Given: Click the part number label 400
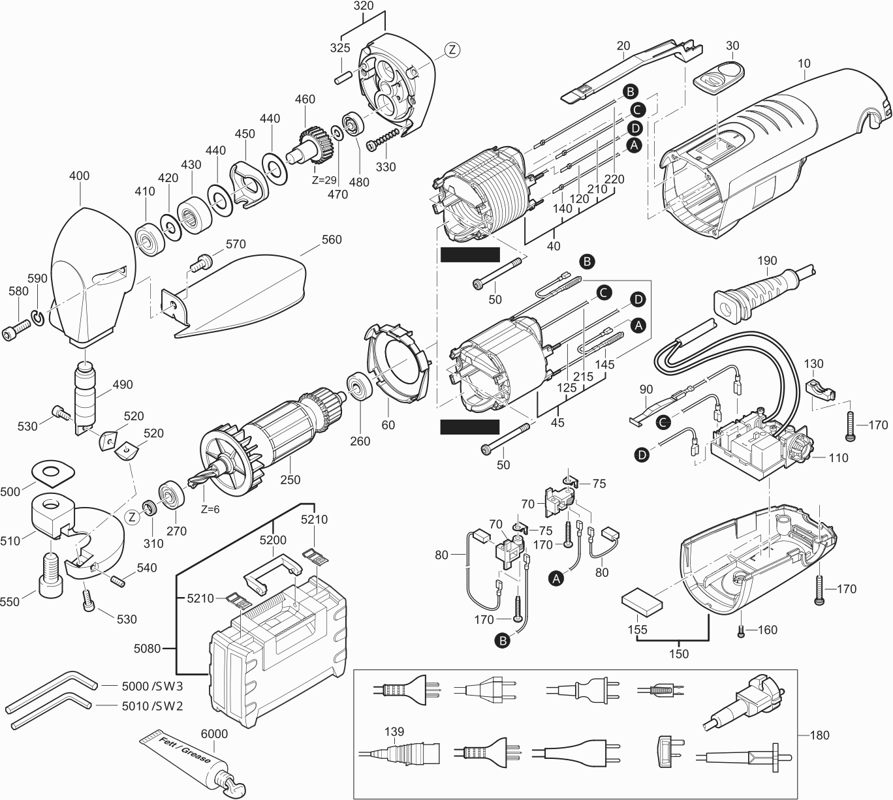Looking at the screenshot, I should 79,176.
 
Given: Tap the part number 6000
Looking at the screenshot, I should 214,734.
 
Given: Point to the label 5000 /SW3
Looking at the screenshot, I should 152,686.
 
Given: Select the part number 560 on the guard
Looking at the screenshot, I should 331,240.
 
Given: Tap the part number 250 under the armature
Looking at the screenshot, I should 290,480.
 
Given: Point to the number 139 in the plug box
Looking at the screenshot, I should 394,731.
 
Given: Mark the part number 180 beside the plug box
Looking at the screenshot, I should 819,735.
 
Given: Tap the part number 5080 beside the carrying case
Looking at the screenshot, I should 147,649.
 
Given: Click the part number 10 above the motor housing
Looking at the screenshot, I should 804,64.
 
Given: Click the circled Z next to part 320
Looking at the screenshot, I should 452,49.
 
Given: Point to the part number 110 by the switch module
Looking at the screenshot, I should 838,458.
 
